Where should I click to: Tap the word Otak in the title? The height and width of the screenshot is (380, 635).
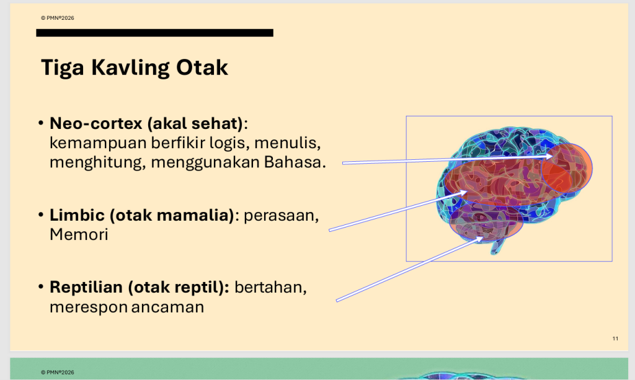(x=202, y=67)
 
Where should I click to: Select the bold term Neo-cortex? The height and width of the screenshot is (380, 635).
(x=96, y=123)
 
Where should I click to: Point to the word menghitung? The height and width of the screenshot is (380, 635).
(x=95, y=162)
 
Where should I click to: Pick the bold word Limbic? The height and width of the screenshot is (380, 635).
(x=77, y=215)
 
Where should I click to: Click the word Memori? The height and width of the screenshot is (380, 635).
(x=79, y=235)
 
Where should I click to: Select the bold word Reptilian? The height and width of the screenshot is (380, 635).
(x=86, y=287)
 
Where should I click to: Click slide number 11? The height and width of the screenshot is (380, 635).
(x=615, y=338)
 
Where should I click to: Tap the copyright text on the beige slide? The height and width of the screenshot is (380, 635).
(x=58, y=18)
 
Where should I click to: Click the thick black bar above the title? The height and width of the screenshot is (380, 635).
(x=154, y=33)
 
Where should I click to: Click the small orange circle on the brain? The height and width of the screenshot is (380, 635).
(x=567, y=168)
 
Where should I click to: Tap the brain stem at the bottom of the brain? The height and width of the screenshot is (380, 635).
(x=498, y=247)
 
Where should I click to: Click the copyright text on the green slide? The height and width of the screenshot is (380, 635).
(x=58, y=373)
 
